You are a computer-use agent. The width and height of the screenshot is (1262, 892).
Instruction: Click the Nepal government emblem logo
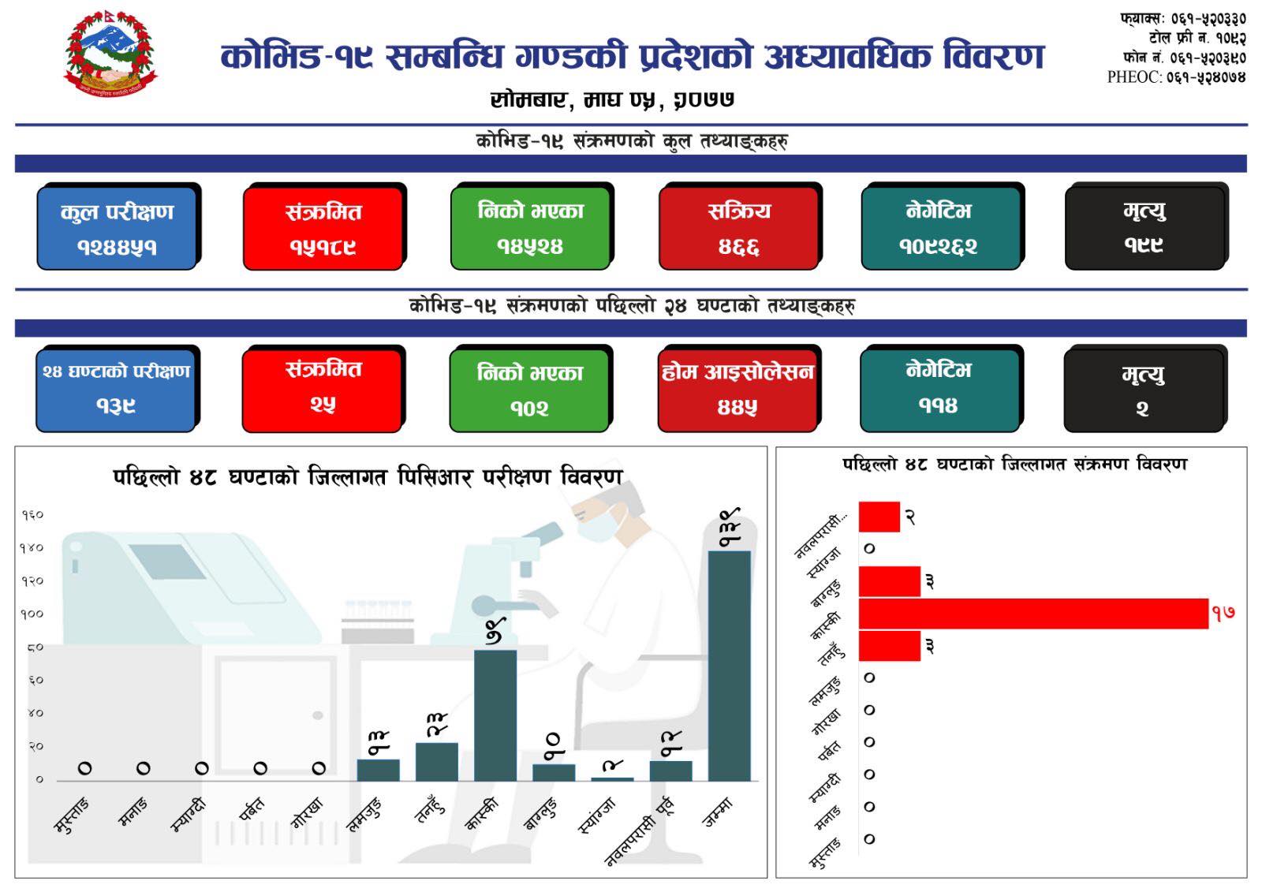point(110,53)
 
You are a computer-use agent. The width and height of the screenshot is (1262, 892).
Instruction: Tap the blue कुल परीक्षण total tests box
point(118,228)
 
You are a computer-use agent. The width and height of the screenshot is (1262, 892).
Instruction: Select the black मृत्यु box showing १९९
point(1144,228)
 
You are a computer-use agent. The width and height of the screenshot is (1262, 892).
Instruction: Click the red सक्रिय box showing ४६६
point(738,228)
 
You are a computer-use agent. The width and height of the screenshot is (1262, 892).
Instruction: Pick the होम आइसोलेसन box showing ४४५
point(737,390)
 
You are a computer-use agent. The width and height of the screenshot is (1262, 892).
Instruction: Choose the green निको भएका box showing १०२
point(529,390)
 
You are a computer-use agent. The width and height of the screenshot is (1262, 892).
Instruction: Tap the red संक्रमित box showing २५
point(323,390)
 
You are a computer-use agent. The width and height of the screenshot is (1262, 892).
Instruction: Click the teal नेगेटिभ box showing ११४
point(939,390)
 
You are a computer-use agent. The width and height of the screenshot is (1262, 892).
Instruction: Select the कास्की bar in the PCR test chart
point(495,715)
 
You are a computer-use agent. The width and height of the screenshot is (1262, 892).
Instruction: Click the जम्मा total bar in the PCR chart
point(730,666)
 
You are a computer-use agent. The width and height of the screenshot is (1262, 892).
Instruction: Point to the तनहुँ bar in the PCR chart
point(437,762)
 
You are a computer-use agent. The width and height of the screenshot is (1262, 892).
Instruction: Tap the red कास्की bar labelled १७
point(1033,614)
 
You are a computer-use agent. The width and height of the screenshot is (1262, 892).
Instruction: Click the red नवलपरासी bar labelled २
point(879,517)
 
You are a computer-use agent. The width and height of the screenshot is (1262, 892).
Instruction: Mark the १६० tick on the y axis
point(32,514)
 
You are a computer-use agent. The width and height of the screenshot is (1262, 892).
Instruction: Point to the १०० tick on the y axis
point(32,614)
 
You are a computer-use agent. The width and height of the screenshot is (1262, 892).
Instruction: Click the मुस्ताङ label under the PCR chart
point(72,815)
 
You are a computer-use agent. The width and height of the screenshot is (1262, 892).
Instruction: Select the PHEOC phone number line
point(1176,77)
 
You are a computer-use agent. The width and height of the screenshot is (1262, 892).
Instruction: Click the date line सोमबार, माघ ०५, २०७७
point(612,99)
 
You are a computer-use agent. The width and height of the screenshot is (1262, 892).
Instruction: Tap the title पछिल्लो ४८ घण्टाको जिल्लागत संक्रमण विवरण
point(1014,465)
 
